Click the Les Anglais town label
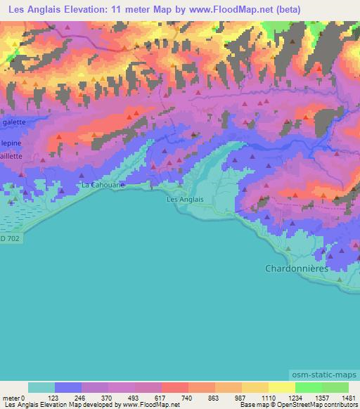(x=184, y=200)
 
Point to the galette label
(x=14, y=122)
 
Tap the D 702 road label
(x=9, y=240)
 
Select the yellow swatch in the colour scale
(x=281, y=387)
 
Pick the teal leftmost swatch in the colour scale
(x=41, y=387)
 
